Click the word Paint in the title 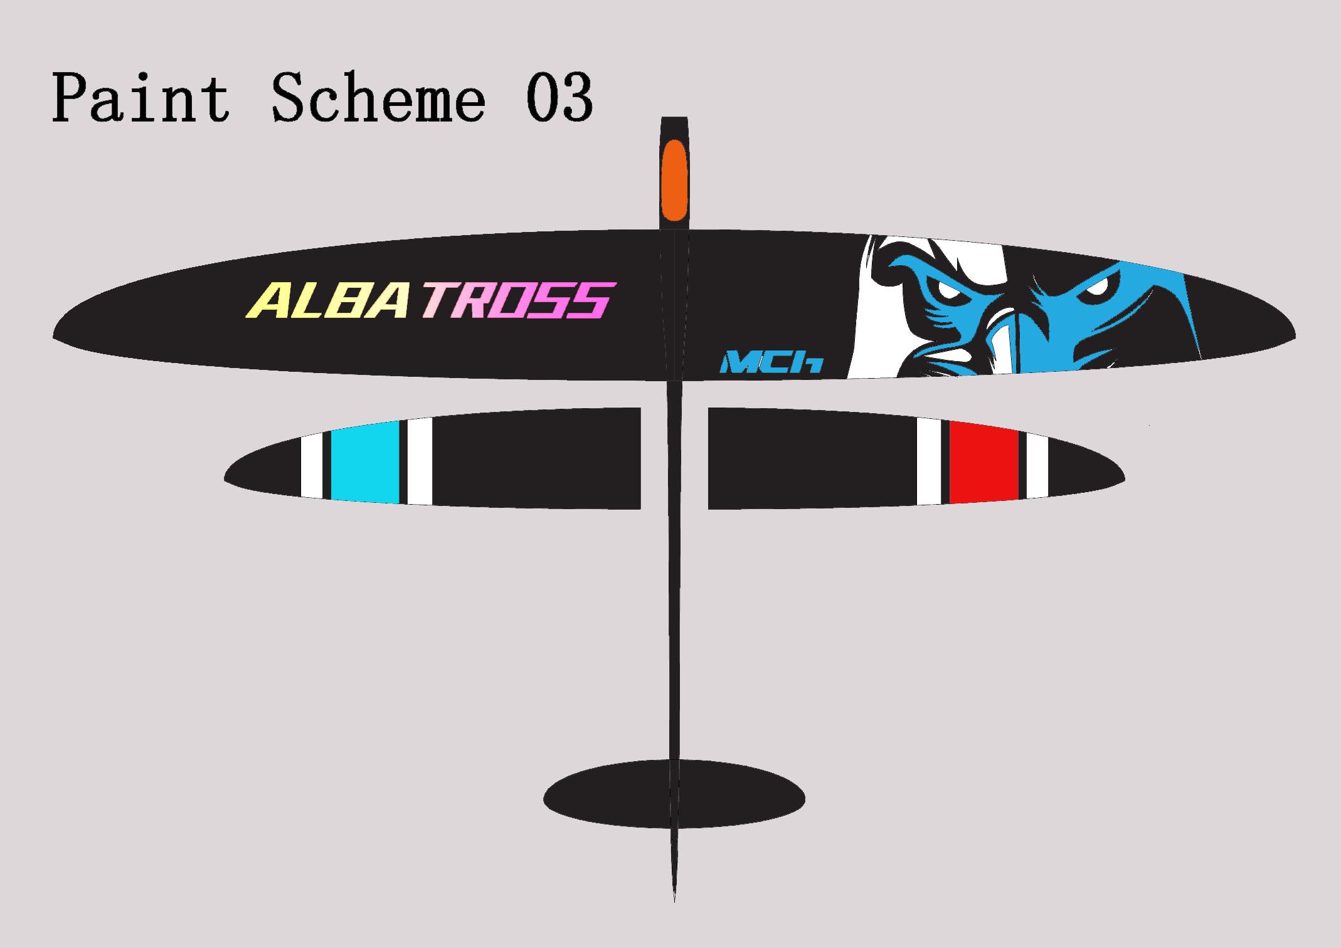(140, 97)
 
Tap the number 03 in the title (559, 97)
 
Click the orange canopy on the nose (674, 180)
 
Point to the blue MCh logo (771, 362)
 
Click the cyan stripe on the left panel (365, 462)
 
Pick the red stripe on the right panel (984, 462)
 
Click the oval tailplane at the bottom (674, 794)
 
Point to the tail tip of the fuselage (674, 902)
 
